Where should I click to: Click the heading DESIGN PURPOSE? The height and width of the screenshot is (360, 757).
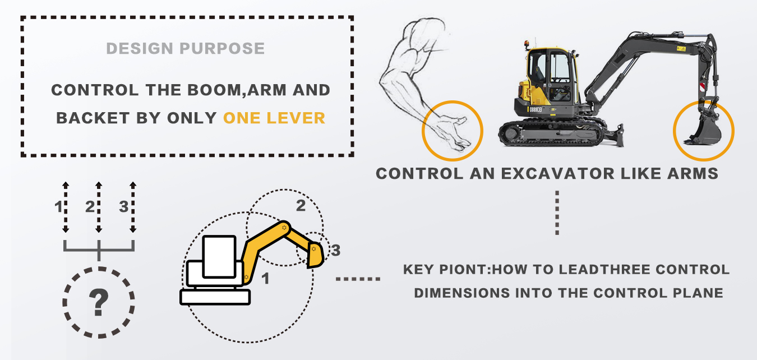click(x=185, y=48)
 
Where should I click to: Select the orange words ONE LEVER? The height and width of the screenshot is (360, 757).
click(x=274, y=118)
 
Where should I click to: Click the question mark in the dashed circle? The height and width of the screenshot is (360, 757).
click(x=99, y=303)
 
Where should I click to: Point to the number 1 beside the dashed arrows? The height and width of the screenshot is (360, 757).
click(x=58, y=207)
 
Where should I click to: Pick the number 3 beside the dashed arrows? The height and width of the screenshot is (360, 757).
click(x=123, y=207)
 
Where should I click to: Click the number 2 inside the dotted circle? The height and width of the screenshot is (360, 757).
click(x=301, y=206)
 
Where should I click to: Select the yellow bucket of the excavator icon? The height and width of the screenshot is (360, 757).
click(x=315, y=256)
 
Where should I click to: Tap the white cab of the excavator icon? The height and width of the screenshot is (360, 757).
click(x=219, y=256)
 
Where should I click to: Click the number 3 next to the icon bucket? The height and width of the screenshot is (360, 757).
click(x=335, y=251)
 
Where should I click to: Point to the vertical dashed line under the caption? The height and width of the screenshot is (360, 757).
click(x=557, y=213)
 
